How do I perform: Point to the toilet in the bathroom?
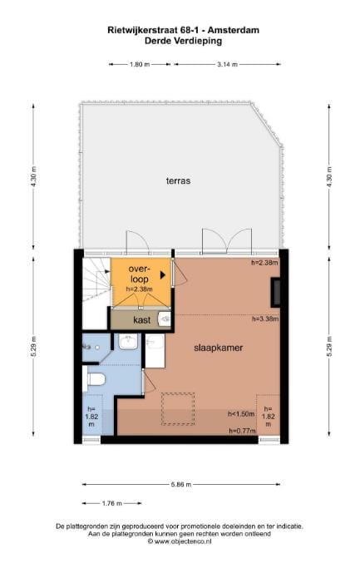coord(96,379)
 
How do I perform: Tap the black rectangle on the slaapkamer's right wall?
coord(274,290)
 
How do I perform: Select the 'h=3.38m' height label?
coord(264,318)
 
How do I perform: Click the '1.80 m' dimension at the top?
coord(141,64)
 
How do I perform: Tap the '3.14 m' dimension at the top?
coord(227,64)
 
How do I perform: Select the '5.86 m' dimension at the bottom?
coord(180,484)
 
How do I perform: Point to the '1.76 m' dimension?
coord(111,503)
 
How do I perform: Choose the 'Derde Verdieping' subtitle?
coord(179,40)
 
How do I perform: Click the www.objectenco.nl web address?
coord(180,541)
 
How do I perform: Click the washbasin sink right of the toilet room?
coord(129,342)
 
